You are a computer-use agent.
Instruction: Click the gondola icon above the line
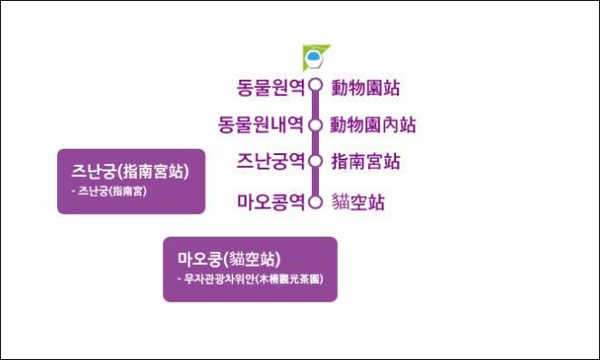click(x=315, y=57)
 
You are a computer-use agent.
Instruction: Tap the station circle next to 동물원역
click(x=315, y=86)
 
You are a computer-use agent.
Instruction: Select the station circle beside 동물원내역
click(x=315, y=124)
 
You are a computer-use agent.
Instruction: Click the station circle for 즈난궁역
click(x=315, y=162)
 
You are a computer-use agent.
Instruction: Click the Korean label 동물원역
click(x=270, y=87)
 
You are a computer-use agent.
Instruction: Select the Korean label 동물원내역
click(x=261, y=124)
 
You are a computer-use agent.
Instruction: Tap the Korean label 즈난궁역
click(x=270, y=162)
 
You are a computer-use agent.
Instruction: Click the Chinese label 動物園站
click(x=365, y=88)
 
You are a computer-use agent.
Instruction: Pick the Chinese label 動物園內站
click(x=373, y=124)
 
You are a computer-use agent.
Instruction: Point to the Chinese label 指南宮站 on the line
click(x=365, y=162)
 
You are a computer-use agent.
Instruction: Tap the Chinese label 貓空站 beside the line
click(x=358, y=201)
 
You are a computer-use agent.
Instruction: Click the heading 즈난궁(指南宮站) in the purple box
click(x=131, y=170)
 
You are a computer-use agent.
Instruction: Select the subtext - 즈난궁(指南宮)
click(x=108, y=191)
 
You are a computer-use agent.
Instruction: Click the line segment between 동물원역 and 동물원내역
click(x=315, y=105)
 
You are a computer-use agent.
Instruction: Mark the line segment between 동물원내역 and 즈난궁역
click(x=315, y=143)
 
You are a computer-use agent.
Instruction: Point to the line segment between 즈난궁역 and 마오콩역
click(x=315, y=181)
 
